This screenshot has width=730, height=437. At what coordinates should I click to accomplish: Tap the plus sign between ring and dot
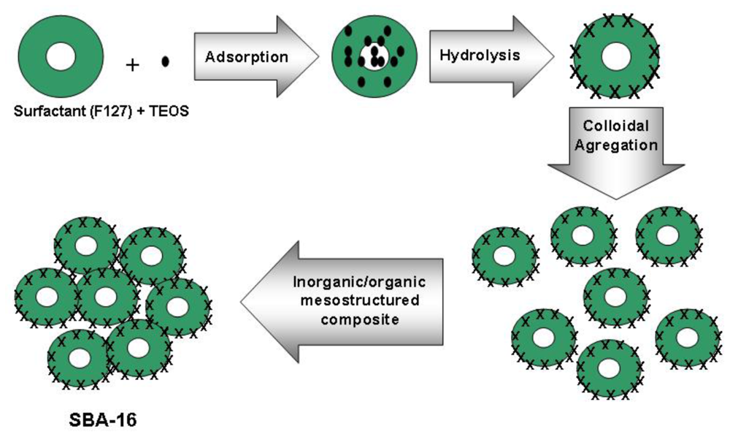click(132, 65)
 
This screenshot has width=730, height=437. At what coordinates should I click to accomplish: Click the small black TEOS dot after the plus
click(165, 62)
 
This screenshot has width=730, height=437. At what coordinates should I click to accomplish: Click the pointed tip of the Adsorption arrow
click(319, 57)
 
